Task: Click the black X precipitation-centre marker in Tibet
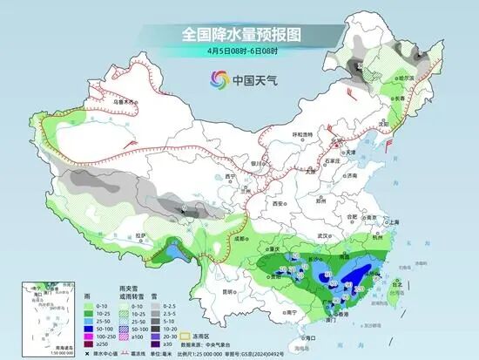[x=183, y=210]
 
